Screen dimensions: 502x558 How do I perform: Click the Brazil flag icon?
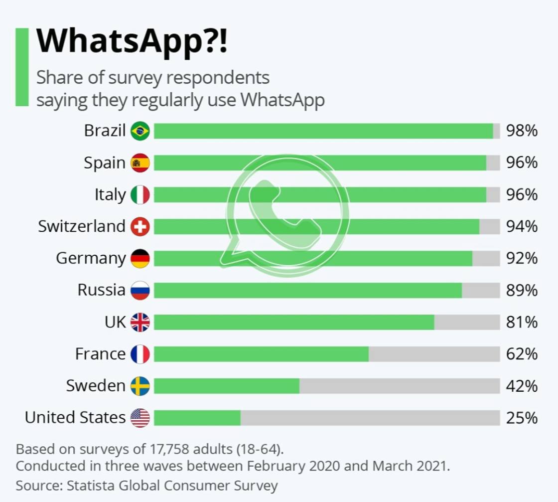tap(140, 131)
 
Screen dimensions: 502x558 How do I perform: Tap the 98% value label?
tap(522, 131)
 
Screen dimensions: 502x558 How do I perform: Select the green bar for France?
tap(261, 354)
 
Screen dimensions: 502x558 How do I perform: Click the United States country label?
tap(75, 417)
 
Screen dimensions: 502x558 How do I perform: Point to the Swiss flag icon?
tap(140, 227)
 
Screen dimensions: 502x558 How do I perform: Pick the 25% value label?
tap(522, 418)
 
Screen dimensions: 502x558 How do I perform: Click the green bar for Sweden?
tap(227, 386)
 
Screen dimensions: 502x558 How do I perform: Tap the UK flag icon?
tap(140, 323)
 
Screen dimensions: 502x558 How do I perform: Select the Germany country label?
tap(91, 258)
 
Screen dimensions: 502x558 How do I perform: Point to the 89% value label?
tap(522, 290)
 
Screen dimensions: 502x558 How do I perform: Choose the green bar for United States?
tap(197, 418)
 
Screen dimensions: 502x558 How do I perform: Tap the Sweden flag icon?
tap(140, 386)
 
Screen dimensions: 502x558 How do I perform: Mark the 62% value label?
tap(522, 354)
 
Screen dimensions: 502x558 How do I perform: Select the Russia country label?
tap(101, 290)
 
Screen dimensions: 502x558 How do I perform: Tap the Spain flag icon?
tap(140, 163)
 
